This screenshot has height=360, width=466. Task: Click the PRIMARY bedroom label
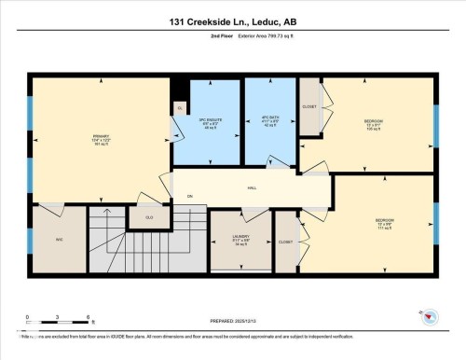(101, 141)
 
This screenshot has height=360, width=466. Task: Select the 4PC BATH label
(269, 122)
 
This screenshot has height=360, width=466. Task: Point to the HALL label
(252, 187)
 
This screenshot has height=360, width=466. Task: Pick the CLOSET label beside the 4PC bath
(309, 106)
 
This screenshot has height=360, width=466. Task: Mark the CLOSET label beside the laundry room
(285, 242)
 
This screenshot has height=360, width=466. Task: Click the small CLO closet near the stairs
(149, 217)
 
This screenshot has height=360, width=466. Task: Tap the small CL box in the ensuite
(180, 108)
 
